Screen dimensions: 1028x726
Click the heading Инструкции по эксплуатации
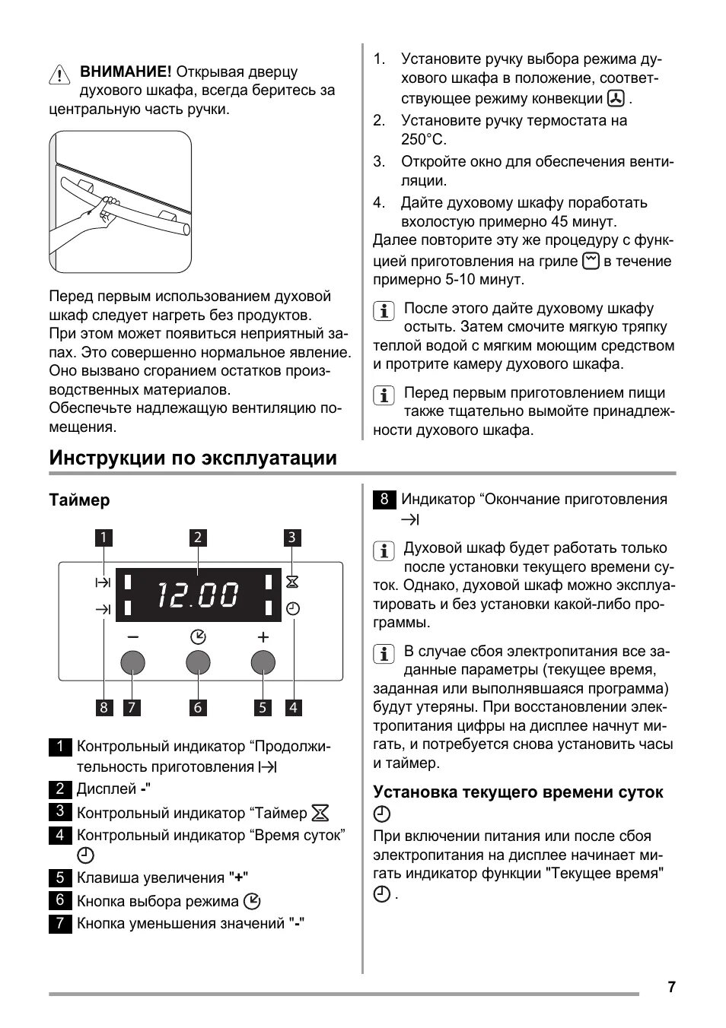193,458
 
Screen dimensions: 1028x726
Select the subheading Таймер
79,500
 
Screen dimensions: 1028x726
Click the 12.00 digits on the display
198,595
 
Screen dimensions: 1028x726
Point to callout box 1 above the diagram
103,538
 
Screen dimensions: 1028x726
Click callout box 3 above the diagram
292,538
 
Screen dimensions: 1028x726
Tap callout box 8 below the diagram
103,707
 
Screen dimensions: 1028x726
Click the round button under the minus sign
132,663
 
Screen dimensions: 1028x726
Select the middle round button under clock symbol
198,663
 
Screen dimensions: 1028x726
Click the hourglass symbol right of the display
292,582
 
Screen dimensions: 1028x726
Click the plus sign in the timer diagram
263,637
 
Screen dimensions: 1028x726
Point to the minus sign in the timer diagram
133,637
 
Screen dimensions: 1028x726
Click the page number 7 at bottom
671,987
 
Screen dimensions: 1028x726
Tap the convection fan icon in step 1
616,99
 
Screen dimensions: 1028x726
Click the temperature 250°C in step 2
424,140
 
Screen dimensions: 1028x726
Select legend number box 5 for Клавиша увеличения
60,877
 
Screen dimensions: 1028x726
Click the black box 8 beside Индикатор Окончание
384,499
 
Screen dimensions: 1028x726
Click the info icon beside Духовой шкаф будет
384,550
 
